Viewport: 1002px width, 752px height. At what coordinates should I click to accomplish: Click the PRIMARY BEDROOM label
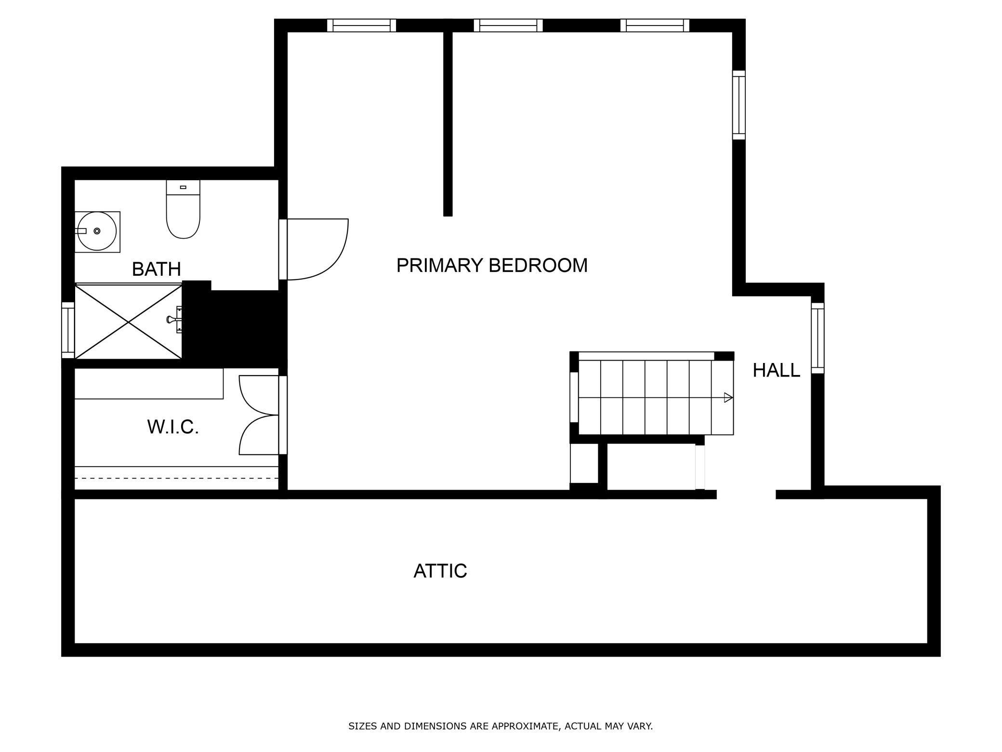click(492, 266)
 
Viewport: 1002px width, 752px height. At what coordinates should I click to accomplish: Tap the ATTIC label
click(440, 571)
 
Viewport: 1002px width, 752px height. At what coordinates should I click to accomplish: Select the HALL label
click(776, 370)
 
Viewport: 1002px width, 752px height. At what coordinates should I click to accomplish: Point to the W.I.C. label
click(173, 427)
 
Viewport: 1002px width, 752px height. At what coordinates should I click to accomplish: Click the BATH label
click(156, 269)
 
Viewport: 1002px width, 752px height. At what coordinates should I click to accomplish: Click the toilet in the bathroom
click(183, 215)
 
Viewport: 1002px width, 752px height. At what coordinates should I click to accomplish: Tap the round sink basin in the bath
click(97, 231)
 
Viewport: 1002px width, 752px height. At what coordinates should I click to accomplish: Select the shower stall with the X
click(128, 322)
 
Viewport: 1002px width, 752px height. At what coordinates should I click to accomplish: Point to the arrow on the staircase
click(728, 398)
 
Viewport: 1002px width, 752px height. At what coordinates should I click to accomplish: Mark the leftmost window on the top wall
click(361, 26)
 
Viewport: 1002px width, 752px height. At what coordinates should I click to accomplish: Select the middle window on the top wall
click(508, 26)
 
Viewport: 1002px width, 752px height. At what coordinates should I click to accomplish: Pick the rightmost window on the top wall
click(655, 26)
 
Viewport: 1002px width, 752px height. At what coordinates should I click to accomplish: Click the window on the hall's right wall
click(817, 338)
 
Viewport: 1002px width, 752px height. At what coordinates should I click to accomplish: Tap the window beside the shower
click(68, 330)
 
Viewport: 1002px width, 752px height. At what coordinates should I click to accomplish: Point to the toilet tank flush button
click(183, 187)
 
